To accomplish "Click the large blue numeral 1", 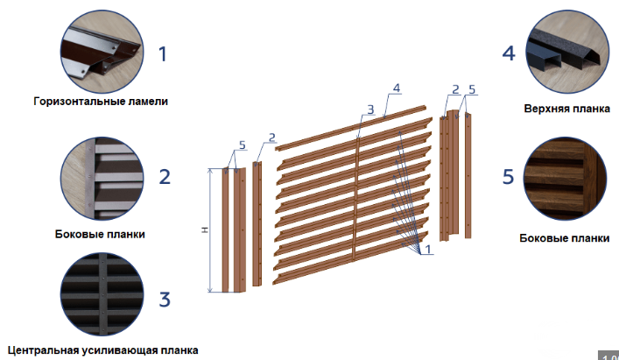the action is point(163,54).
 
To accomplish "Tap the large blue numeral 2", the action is point(165,176).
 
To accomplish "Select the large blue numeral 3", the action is point(165,300).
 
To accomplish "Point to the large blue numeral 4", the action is point(509,53).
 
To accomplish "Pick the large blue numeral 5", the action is point(508,176).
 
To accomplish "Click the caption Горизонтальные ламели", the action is point(101,102).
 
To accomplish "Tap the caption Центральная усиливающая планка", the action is point(102,350).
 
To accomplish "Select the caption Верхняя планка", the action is point(566,109).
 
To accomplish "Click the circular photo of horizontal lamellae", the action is point(102,52).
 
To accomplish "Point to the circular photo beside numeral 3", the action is point(102,295).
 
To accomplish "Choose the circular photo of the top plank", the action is point(566,52).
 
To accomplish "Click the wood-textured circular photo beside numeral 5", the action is point(565,179).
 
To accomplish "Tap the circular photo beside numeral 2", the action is point(102,179).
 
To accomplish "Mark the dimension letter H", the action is point(205,229).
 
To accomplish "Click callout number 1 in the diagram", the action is point(427,249).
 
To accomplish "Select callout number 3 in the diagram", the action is point(370,109).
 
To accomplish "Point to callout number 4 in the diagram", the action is point(397,88).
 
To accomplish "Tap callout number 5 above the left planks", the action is point(242,145).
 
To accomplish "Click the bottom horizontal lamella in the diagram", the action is point(350,258).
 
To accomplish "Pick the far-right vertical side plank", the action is point(468,175).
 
